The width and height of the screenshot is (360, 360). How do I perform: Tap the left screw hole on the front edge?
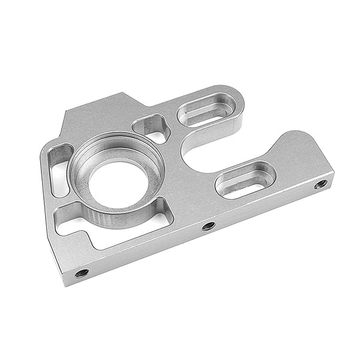tap(82, 273)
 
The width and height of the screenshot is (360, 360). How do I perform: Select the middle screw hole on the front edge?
tap(208, 226)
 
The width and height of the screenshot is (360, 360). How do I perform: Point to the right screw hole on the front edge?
tap(320, 184)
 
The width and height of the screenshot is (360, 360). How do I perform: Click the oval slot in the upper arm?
tap(205, 111)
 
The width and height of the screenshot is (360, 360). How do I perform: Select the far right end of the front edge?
tap(332, 179)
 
